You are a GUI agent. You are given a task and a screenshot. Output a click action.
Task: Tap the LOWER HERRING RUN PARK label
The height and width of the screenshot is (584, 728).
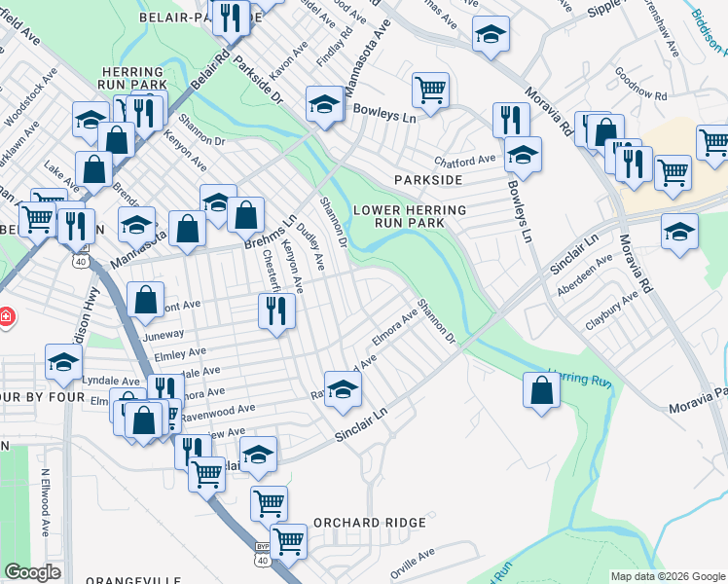[x=410, y=216]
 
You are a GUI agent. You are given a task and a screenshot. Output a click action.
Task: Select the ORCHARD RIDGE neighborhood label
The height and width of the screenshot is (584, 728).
[x=370, y=523]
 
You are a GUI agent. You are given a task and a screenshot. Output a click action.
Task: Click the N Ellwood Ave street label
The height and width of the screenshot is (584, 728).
[x=45, y=503]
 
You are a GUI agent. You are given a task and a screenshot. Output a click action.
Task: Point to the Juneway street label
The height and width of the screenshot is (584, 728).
[x=135, y=333]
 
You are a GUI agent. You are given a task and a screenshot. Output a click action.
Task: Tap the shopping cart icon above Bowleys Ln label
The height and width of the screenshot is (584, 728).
[x=430, y=91]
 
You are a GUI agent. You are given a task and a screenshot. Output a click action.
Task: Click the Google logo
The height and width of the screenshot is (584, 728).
[x=32, y=572]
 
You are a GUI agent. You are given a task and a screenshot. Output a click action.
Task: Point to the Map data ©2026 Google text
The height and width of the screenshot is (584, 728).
[x=667, y=576]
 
